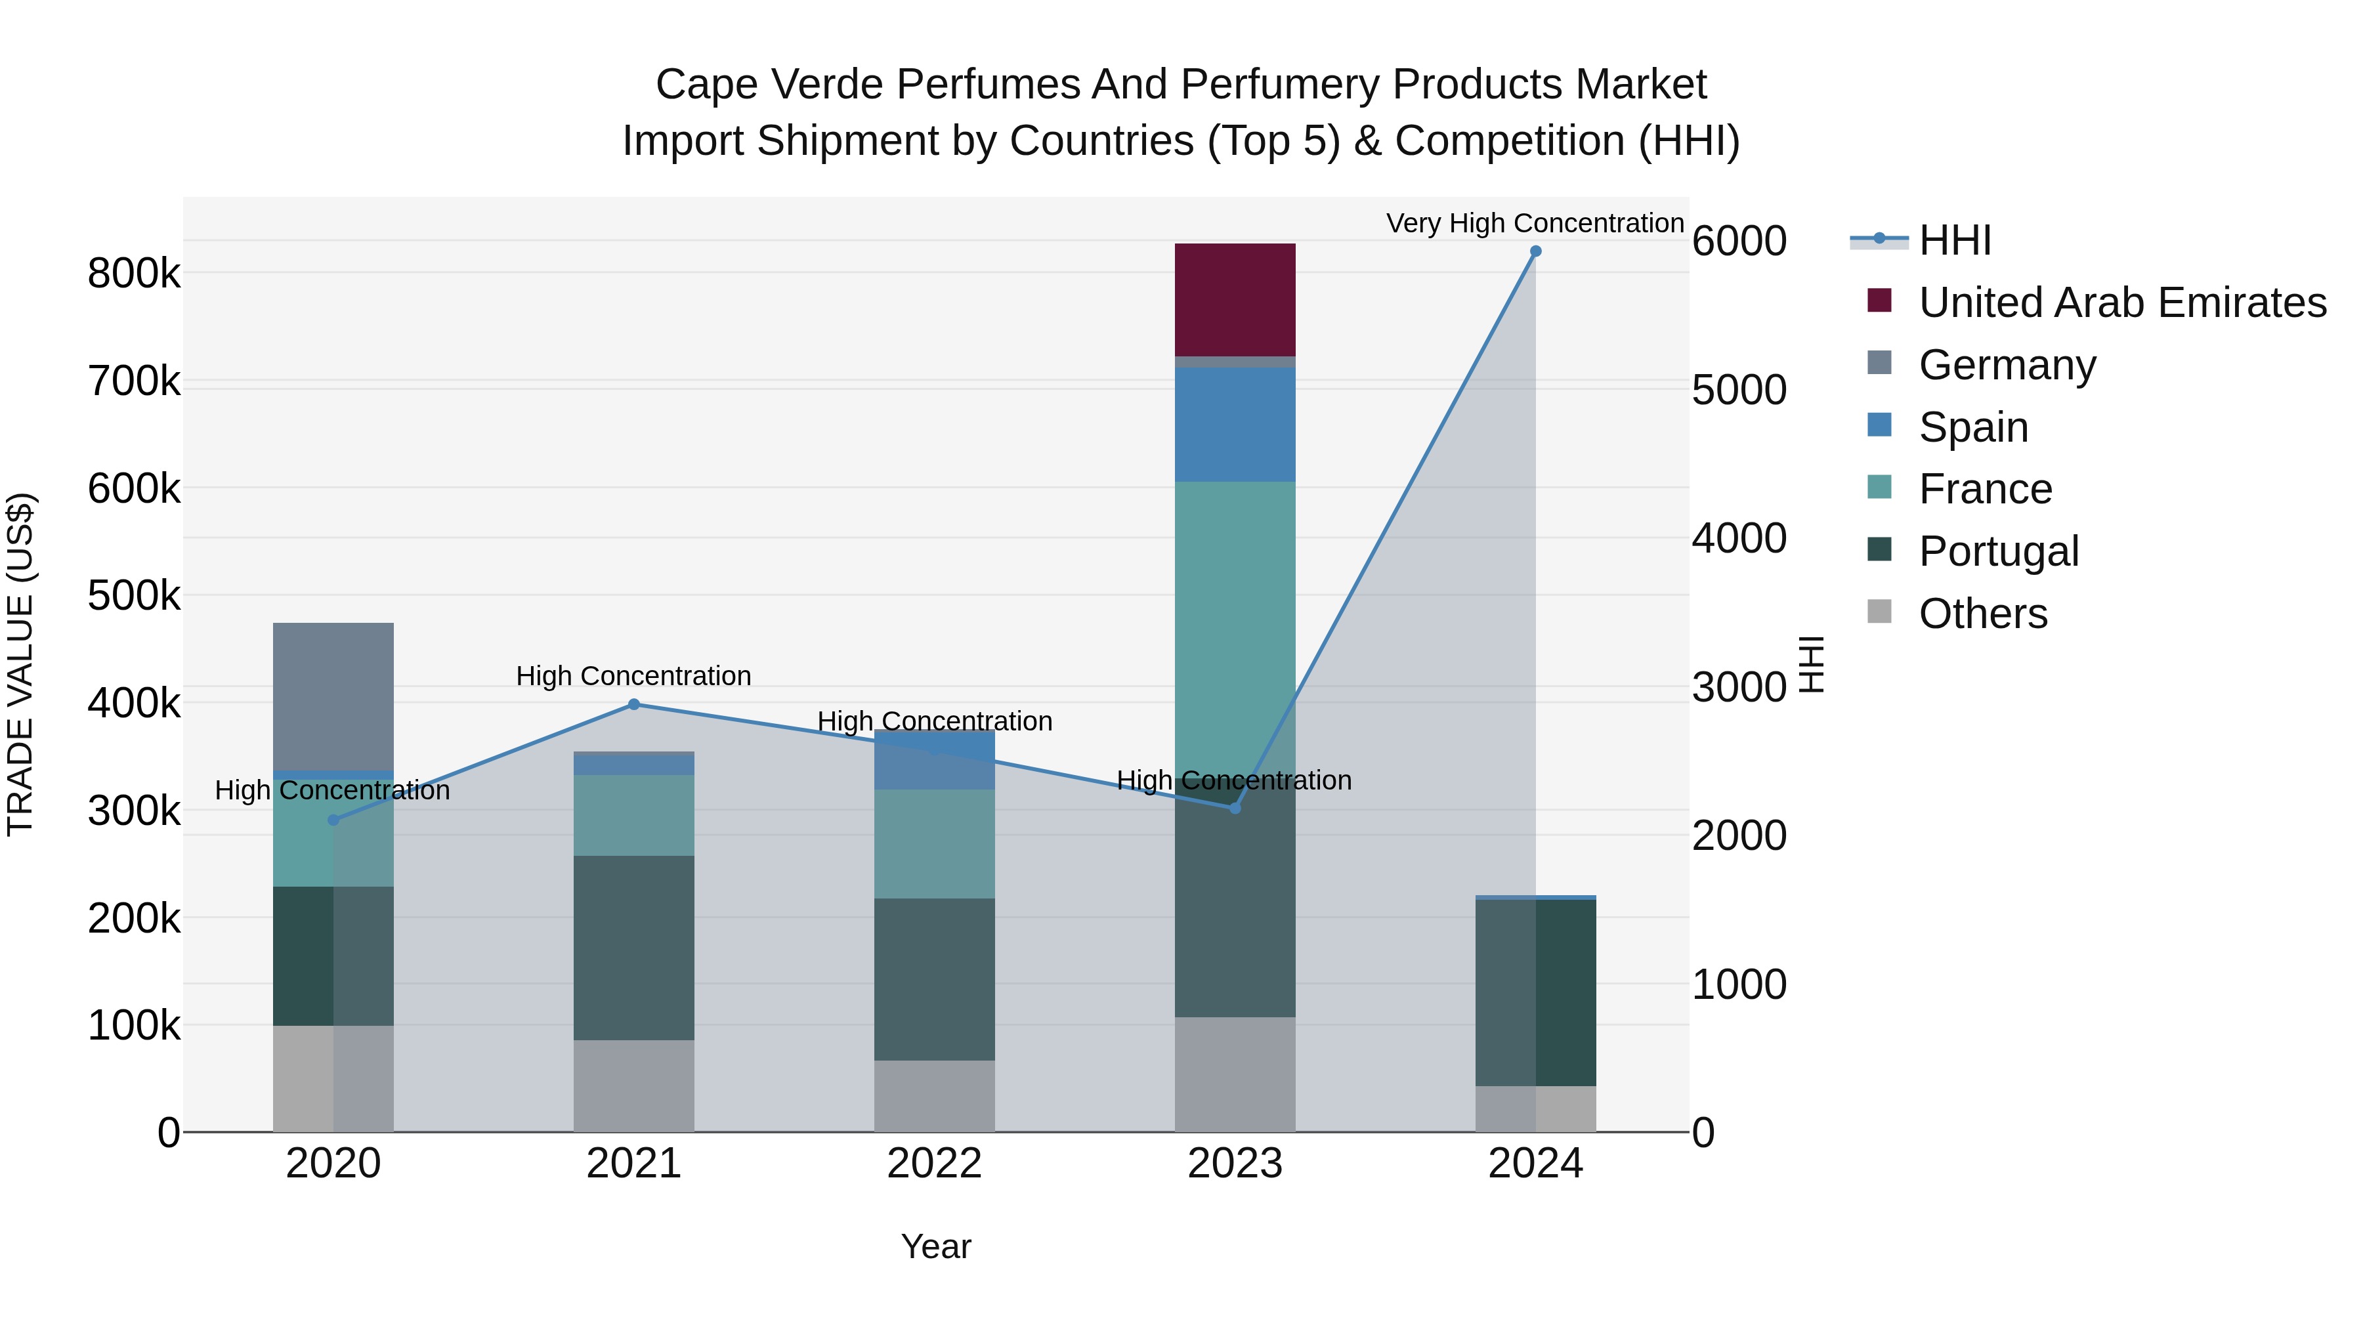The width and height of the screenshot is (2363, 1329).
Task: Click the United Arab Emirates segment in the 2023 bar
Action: click(x=1235, y=300)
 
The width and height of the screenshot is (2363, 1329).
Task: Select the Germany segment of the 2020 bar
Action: click(x=333, y=696)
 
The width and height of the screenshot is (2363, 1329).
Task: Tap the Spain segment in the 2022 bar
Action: click(x=934, y=761)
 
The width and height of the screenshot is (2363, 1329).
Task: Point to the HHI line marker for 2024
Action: click(x=1535, y=251)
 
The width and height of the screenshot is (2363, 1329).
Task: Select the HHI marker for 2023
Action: click(x=1235, y=808)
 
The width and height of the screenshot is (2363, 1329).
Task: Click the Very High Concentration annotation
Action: click(x=1535, y=224)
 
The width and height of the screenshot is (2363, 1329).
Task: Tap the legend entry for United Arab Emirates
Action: click(x=2121, y=303)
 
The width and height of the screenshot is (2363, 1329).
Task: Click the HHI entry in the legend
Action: click(x=1954, y=240)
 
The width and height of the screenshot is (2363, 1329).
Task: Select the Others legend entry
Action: click(x=1982, y=614)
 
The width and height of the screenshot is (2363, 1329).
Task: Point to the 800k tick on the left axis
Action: click(x=134, y=273)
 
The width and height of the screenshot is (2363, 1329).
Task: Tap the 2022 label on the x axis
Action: click(x=934, y=1164)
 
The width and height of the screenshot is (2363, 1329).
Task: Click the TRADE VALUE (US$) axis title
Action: click(x=21, y=664)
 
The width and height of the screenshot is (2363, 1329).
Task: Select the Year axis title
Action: click(x=935, y=1246)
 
